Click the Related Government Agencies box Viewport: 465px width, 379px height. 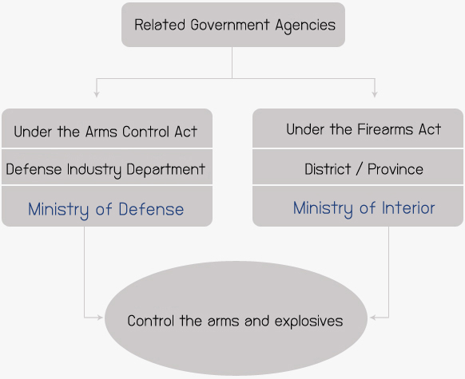click(233, 25)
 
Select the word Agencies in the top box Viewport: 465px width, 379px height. click(305, 26)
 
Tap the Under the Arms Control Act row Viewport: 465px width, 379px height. click(107, 128)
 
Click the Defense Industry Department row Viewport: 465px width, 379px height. click(107, 167)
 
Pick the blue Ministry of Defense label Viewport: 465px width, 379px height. click(106, 210)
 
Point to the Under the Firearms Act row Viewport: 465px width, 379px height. click(358, 128)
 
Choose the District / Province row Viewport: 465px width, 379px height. click(358, 167)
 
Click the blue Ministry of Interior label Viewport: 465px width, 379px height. click(364, 208)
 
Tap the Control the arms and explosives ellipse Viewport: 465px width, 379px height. click(236, 318)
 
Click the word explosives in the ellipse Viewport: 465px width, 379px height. click(308, 322)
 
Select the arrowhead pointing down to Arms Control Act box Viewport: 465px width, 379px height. click(97, 94)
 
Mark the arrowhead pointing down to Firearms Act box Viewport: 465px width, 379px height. click(375, 94)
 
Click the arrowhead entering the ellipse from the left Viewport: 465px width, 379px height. click(99, 318)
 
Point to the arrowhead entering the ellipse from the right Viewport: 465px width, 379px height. click(373, 318)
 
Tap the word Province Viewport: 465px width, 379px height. click(395, 169)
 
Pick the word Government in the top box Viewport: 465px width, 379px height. click(230, 25)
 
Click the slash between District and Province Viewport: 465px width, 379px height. click(359, 169)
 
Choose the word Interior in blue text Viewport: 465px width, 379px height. click(408, 208)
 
